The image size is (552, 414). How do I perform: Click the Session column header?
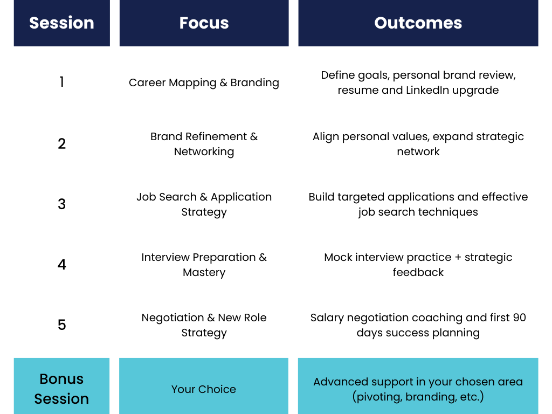[x=61, y=23]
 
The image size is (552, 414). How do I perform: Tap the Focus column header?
[x=204, y=23]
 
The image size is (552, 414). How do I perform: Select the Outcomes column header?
[x=418, y=23]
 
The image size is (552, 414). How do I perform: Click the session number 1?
[x=61, y=82]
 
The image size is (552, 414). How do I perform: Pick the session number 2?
[x=61, y=143]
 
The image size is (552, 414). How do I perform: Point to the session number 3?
[x=61, y=204]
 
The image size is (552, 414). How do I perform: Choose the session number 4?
[x=61, y=264]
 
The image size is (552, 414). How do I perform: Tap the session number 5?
[x=61, y=325]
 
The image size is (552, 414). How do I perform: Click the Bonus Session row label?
[x=61, y=388]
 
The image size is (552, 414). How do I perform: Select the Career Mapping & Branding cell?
[x=204, y=82]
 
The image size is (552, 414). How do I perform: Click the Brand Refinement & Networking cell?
[x=204, y=143]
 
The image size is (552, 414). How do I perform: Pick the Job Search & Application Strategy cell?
[x=204, y=204]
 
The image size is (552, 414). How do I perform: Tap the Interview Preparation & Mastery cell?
[x=204, y=264]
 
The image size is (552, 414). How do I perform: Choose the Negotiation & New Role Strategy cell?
[x=204, y=325]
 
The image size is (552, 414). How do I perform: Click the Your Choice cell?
[x=204, y=389]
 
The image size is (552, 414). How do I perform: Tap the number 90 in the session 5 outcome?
[x=519, y=318]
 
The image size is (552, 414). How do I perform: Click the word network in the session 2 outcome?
[x=418, y=151]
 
